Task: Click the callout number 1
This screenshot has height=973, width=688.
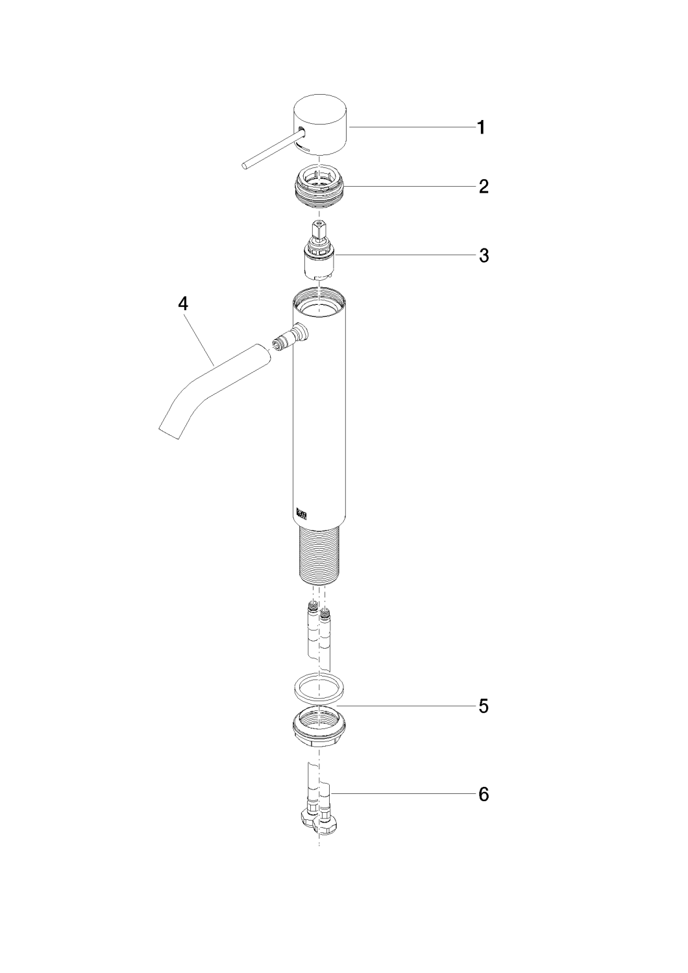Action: click(x=481, y=128)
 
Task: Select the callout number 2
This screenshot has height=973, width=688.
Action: click(x=484, y=186)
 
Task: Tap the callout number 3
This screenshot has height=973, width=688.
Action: click(x=484, y=256)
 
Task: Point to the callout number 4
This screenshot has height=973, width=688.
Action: click(x=183, y=304)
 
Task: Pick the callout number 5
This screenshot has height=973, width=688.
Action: click(x=484, y=706)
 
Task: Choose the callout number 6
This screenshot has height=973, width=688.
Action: click(x=484, y=795)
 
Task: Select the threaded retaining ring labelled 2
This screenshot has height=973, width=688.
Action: click(x=319, y=188)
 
